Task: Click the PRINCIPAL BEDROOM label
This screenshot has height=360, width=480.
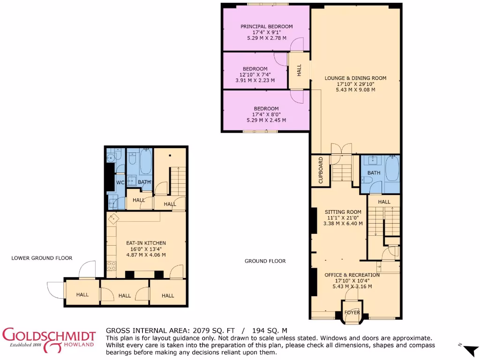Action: click(x=266, y=27)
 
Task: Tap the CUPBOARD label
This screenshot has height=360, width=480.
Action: click(x=321, y=170)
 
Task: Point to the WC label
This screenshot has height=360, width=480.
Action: click(x=120, y=182)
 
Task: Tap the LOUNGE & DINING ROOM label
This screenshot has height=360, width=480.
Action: click(x=355, y=78)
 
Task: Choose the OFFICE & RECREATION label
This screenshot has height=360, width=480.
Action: click(x=352, y=275)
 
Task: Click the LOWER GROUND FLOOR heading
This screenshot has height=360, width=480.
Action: click(x=42, y=258)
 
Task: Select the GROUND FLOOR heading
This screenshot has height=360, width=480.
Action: click(x=265, y=261)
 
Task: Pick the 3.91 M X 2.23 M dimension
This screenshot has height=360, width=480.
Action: click(x=255, y=80)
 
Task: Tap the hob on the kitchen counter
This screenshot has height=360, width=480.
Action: click(x=112, y=266)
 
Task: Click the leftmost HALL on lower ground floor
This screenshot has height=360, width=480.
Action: click(x=82, y=295)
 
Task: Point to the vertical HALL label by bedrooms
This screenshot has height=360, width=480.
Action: click(x=299, y=70)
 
